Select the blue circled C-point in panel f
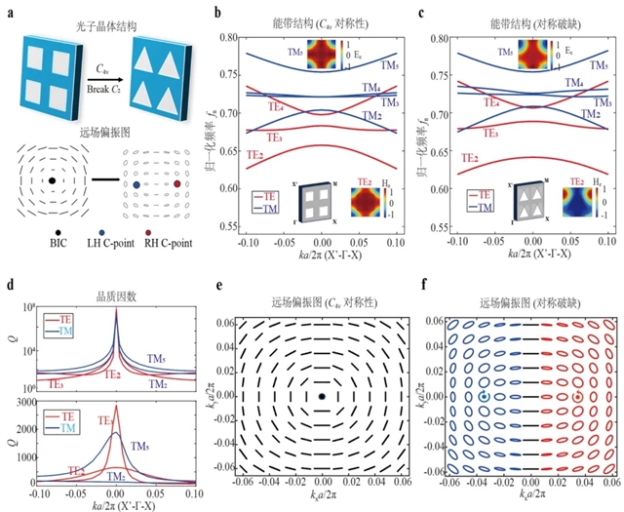coord(485,397)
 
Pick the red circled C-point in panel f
coord(578,397)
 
